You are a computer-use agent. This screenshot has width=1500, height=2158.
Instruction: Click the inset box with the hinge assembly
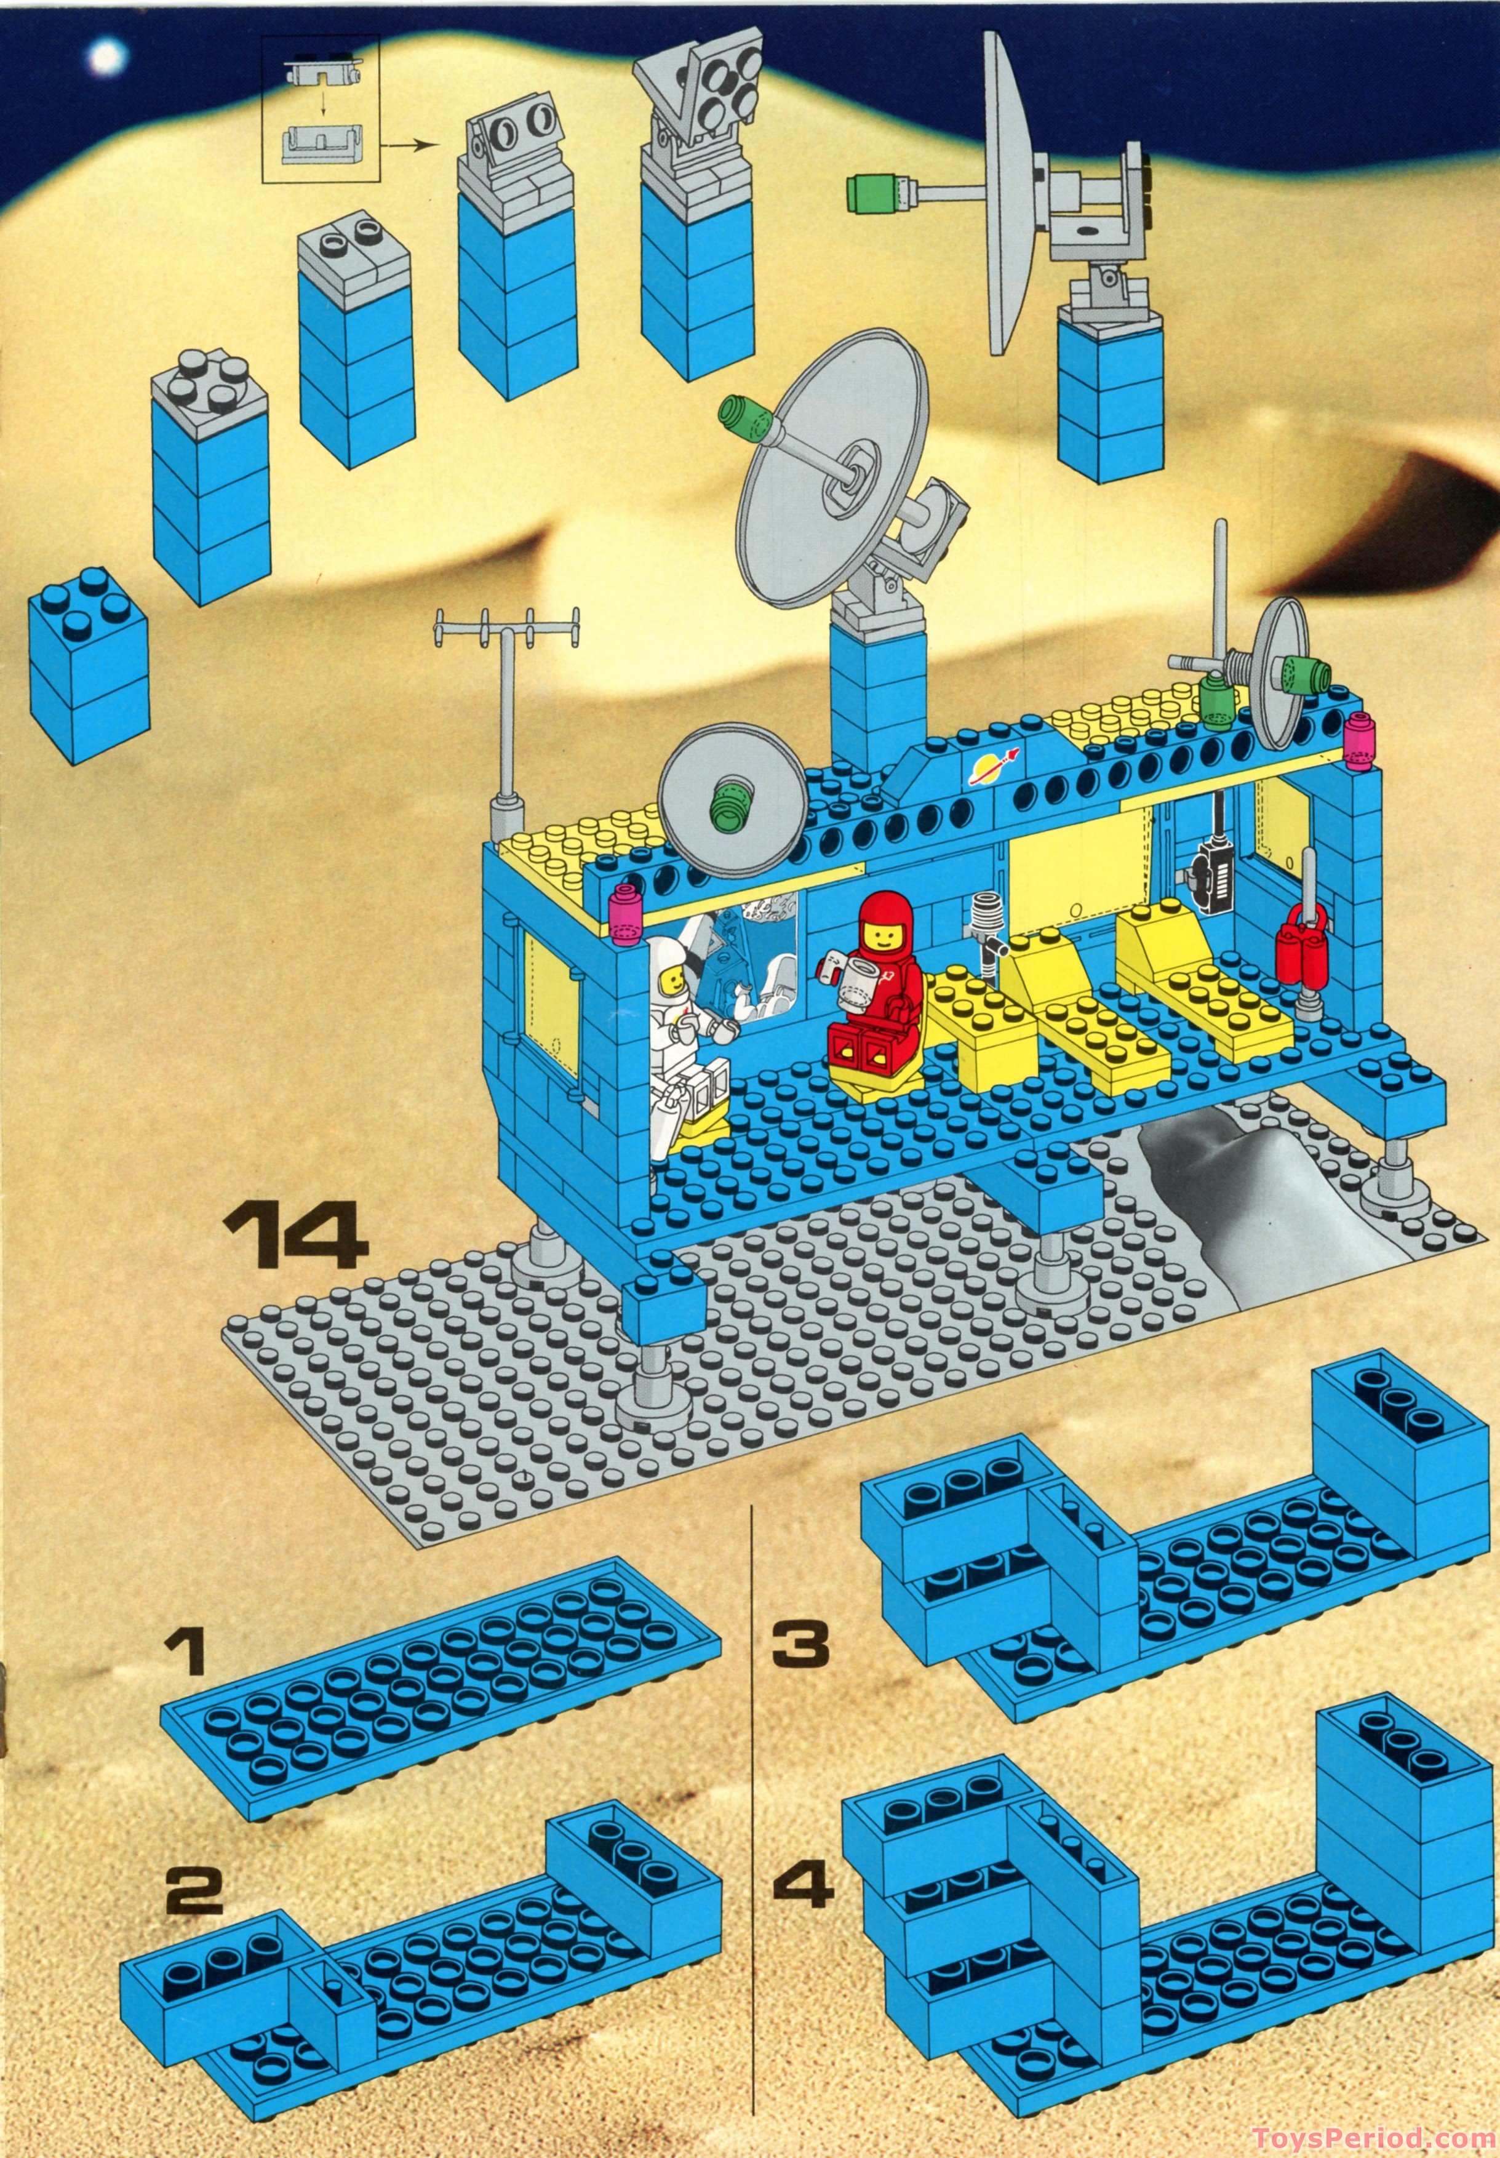(321, 108)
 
